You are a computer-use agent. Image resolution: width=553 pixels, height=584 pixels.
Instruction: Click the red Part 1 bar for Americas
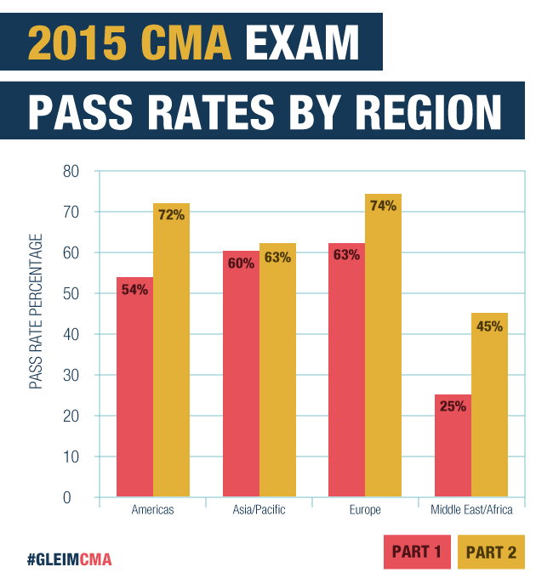click(134, 391)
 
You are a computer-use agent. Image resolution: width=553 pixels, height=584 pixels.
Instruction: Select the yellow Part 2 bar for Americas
click(171, 357)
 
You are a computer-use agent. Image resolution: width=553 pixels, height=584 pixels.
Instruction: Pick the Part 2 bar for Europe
click(383, 349)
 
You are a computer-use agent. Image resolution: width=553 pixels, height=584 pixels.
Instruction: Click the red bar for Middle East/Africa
click(453, 446)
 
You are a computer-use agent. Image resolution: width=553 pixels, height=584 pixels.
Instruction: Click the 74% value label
click(383, 205)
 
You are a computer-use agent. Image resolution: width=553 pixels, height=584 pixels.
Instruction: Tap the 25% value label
click(453, 406)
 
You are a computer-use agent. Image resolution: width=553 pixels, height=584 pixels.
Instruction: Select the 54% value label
click(134, 289)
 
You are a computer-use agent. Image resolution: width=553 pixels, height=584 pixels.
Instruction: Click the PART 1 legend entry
click(416, 553)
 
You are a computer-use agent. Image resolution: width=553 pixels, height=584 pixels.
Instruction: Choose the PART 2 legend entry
click(491, 553)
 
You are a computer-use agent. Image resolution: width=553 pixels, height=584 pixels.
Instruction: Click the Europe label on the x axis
click(365, 510)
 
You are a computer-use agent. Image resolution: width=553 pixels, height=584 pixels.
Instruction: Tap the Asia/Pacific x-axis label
click(259, 510)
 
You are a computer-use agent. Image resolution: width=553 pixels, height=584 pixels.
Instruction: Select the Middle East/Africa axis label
click(471, 510)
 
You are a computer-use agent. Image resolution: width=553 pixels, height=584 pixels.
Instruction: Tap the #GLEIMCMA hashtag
click(69, 559)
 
